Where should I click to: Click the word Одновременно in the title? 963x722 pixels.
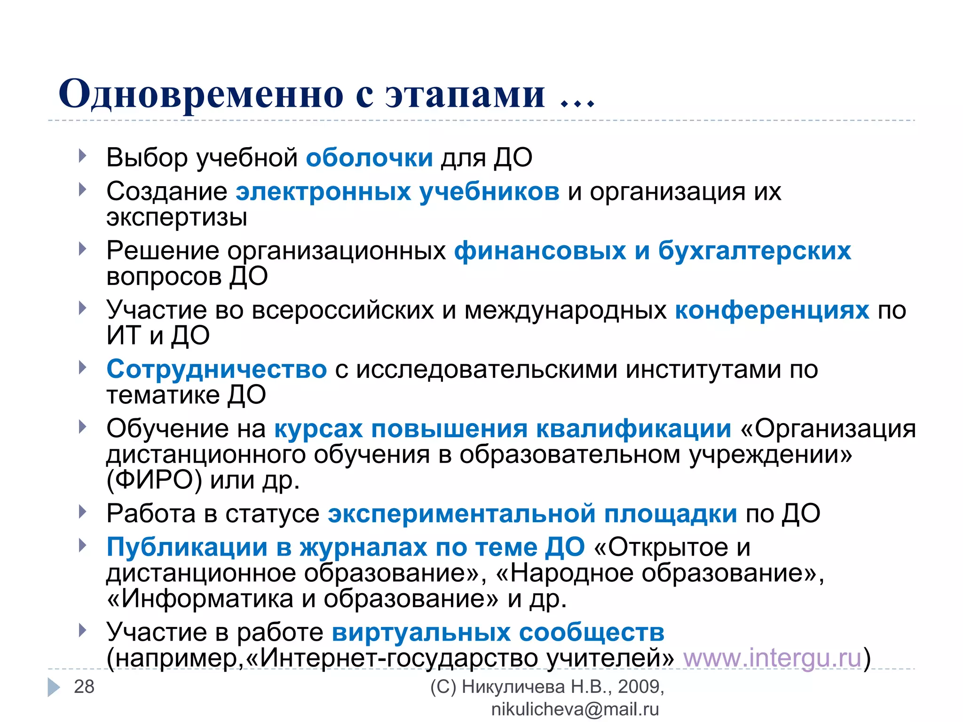(201, 94)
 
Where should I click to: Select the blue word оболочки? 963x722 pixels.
(369, 157)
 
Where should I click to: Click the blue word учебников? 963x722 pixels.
(489, 192)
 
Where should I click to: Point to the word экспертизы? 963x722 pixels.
(177, 217)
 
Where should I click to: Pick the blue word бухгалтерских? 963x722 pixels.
(754, 251)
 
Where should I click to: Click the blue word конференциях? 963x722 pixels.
(772, 310)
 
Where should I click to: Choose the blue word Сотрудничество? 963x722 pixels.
(216, 369)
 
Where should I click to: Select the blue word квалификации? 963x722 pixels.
(634, 429)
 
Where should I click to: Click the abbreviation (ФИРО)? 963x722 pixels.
(154, 480)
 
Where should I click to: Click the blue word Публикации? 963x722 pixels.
(187, 548)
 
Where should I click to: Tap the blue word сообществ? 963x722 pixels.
(592, 632)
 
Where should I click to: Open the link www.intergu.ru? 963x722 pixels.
(772, 658)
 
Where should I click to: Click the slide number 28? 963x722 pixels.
(84, 687)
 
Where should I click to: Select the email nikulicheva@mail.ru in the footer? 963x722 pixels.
(575, 709)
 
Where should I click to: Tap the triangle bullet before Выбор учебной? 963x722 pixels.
(83, 156)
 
